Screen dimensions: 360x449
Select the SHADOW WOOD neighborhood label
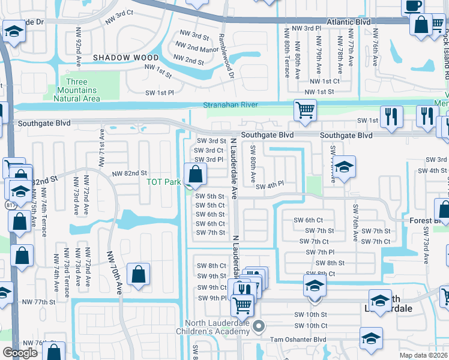coord(126,58)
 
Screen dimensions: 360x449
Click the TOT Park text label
coord(164,182)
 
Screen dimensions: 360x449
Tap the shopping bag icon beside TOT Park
coord(196,175)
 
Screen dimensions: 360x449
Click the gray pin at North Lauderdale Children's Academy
coord(259,327)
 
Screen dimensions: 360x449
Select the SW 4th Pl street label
coord(269,187)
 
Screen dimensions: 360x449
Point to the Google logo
coord(20,353)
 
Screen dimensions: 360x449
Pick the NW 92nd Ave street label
coord(78,42)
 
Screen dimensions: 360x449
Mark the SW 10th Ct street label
coord(310,326)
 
